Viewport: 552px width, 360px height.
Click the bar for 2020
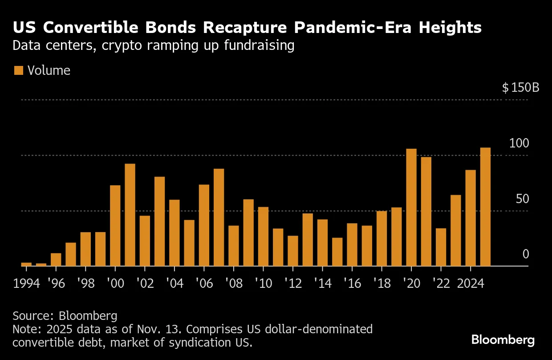[x=411, y=208]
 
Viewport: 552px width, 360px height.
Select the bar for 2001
[x=130, y=215]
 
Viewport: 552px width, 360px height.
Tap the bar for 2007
[x=219, y=217]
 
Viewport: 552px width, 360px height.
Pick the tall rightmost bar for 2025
[x=485, y=207]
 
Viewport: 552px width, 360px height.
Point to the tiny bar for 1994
[x=26, y=264]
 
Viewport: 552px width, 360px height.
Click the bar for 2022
[x=441, y=247]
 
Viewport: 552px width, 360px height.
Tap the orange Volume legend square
[x=18, y=70]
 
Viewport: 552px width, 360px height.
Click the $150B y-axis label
[x=520, y=88]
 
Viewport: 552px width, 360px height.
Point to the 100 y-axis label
[x=519, y=143]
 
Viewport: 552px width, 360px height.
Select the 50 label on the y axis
[x=522, y=199]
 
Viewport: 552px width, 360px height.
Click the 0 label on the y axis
[x=525, y=254]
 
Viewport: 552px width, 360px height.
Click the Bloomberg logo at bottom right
[x=503, y=340]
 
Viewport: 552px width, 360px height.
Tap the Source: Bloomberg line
[x=65, y=316]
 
